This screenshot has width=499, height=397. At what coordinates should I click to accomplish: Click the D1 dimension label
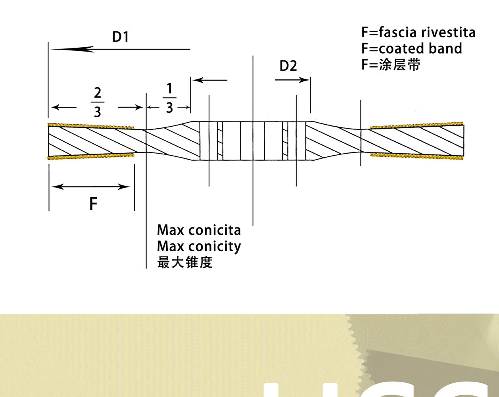click(x=120, y=37)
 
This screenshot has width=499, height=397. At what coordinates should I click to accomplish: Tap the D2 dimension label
click(x=288, y=66)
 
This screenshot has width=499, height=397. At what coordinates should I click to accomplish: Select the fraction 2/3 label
click(x=97, y=102)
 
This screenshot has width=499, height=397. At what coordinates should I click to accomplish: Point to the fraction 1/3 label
click(x=169, y=98)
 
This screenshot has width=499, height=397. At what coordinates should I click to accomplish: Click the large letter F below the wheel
click(x=93, y=204)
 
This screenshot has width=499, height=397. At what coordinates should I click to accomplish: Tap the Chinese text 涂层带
click(x=399, y=64)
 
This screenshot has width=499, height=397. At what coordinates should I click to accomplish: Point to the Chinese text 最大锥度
click(x=185, y=262)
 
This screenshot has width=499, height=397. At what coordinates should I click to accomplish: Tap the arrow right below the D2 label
click(x=292, y=80)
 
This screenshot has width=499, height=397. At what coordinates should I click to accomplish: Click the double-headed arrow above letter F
click(x=91, y=187)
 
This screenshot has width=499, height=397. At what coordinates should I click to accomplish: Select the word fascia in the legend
click(x=398, y=32)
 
